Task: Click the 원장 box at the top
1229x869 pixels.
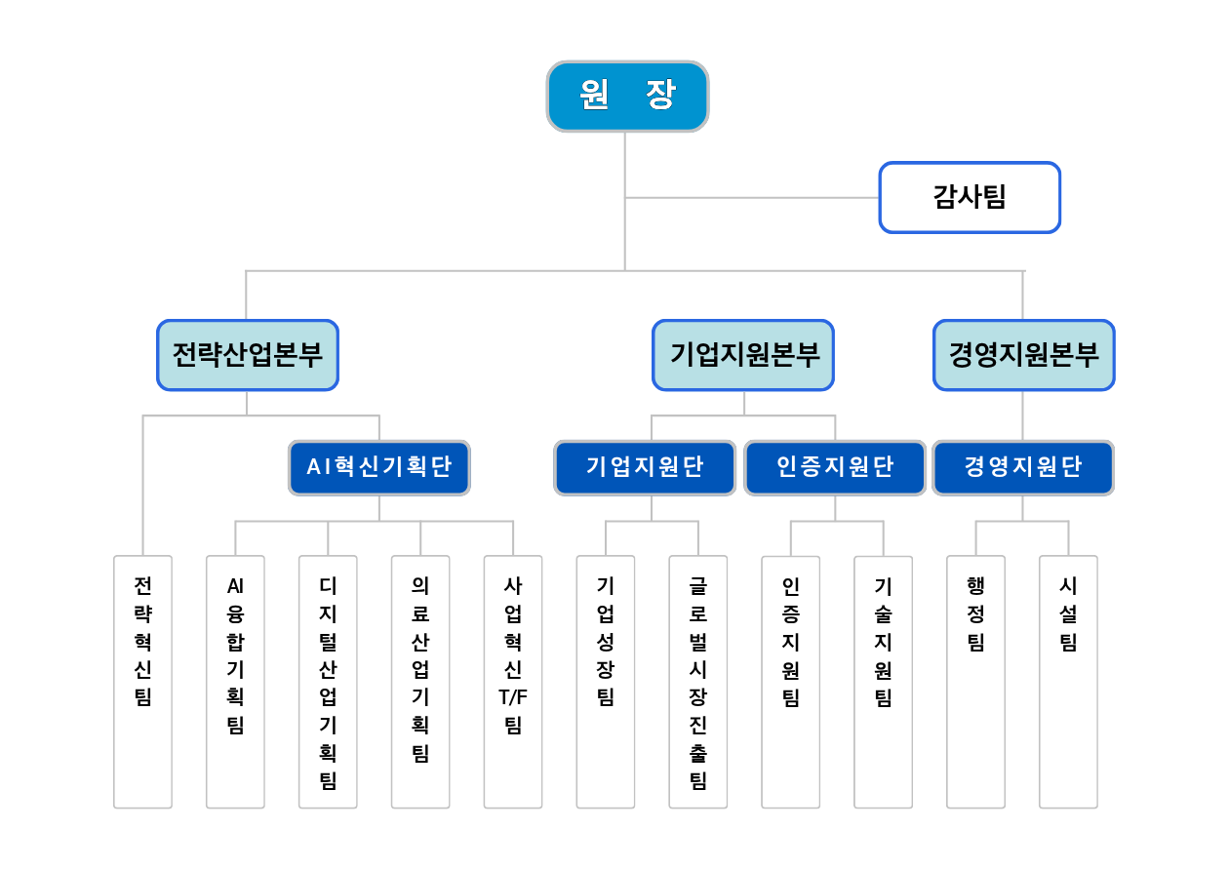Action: coord(628,97)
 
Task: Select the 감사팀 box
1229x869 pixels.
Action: coord(970,197)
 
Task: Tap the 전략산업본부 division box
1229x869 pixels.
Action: coord(248,355)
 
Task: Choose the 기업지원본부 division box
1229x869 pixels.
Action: coord(743,355)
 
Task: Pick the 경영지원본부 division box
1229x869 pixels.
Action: coord(1024,355)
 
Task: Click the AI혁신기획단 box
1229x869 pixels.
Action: coord(379,467)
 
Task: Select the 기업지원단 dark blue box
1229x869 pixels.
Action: coord(645,467)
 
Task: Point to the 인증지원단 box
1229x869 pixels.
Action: coord(835,467)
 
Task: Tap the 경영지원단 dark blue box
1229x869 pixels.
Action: coord(1023,467)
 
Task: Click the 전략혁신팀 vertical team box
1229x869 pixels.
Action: coord(142,682)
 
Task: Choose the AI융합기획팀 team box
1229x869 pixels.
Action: coord(235,682)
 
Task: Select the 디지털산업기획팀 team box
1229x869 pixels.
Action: coord(328,682)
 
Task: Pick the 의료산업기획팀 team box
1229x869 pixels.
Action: coord(420,682)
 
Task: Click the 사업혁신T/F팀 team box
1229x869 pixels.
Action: coord(513,682)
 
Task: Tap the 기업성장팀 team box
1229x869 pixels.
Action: coord(606,682)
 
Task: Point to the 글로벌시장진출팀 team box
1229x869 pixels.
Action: coord(698,682)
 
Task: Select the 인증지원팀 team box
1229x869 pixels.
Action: coord(791,682)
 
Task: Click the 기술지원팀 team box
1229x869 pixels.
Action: coord(884,682)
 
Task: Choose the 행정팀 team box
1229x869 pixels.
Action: coord(975,682)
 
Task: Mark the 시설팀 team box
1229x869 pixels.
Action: coord(1068,682)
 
